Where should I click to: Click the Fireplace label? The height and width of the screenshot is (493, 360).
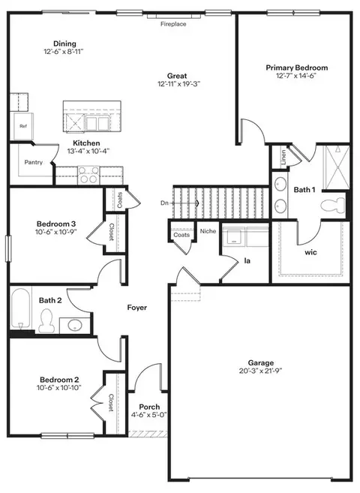pos(173,24)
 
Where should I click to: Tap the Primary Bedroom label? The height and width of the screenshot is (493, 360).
pos(297,68)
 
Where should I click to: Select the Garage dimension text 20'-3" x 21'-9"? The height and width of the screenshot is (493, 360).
pos(261,371)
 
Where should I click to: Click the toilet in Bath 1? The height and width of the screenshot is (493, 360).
pos(333,205)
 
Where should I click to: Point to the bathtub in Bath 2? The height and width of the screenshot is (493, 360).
pos(21,308)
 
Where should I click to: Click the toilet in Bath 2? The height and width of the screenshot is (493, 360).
pos(46,320)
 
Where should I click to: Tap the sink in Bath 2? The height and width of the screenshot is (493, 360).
pos(75,325)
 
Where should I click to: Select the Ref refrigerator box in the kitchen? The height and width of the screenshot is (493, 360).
pos(23,126)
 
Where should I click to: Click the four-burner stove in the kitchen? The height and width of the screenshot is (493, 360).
pos(88,175)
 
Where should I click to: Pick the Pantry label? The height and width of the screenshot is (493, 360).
pos(34,162)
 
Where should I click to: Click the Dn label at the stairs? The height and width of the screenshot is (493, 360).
pos(164,203)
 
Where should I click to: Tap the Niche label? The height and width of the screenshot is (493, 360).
pos(208,231)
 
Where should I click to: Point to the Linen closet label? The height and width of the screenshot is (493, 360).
pos(283,158)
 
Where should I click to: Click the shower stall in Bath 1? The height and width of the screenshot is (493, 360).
pos(337,167)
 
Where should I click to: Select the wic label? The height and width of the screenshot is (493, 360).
pos(310,252)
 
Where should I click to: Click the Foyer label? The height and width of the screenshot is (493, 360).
pos(137,307)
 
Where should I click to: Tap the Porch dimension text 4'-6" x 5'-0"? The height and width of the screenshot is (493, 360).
pos(149,415)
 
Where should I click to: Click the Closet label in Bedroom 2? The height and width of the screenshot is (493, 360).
pos(111,403)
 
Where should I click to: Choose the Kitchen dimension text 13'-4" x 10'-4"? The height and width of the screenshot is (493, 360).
pos(88,151)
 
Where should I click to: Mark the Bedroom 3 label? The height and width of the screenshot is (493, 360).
pos(56,224)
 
